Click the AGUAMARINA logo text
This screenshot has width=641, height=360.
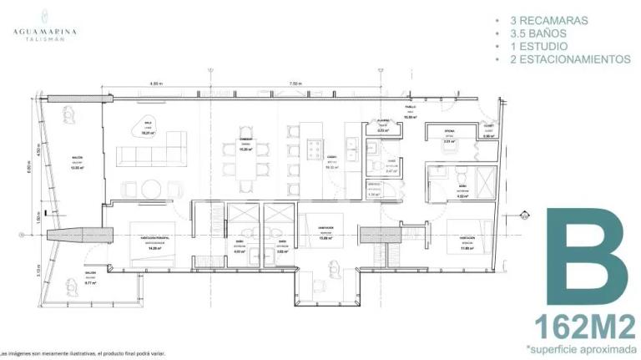point(45,32)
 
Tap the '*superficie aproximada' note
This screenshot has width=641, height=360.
point(582,347)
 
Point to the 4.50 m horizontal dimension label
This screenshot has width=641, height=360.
point(155,84)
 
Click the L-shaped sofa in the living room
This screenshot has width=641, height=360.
point(151,154)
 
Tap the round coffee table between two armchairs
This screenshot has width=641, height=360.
point(152,186)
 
